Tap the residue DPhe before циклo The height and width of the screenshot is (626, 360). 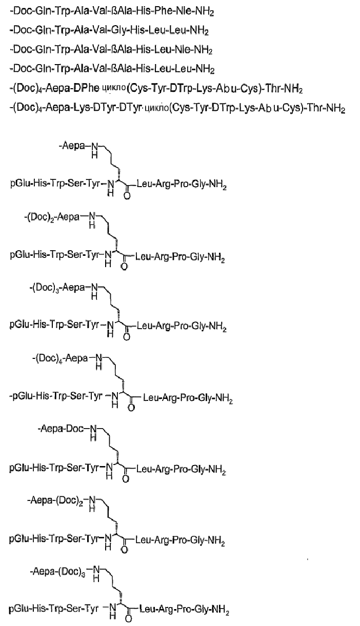click(x=86, y=89)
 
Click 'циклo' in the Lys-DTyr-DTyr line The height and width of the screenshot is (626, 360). click(x=156, y=108)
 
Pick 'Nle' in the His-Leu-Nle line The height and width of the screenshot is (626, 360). click(x=183, y=50)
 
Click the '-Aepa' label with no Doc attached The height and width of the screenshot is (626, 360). click(x=72, y=146)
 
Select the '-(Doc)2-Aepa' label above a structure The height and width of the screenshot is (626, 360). click(x=52, y=217)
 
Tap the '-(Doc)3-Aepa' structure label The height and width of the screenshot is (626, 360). click(x=57, y=288)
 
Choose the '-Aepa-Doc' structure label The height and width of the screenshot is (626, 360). click(x=61, y=429)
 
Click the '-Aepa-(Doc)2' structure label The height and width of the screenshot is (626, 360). click(x=55, y=499)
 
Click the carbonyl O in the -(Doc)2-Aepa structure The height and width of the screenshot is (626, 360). click(x=124, y=267)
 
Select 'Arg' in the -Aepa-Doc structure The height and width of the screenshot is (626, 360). click(x=163, y=469)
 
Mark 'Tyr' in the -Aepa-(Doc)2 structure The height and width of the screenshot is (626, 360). click(x=92, y=538)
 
